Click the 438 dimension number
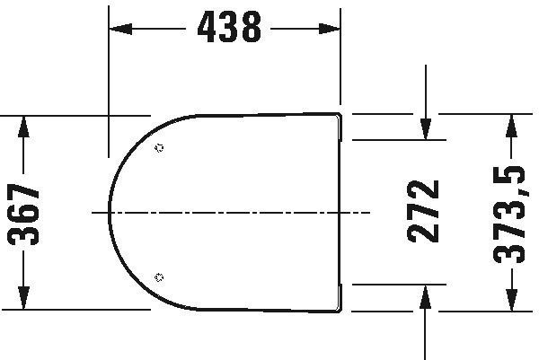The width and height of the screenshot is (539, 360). coord(229,27)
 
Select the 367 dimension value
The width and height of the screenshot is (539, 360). coord(23,215)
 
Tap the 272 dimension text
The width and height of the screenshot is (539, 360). coord(423,211)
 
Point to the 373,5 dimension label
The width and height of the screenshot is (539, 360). coord(509,215)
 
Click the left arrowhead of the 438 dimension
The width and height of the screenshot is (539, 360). coord(120,29)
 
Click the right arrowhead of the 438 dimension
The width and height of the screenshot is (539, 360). coord(330,29)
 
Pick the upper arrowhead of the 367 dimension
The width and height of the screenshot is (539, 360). coord(23,127)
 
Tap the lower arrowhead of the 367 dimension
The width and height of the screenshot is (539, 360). coord(23,298)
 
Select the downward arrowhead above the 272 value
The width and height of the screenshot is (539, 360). coord(426,128)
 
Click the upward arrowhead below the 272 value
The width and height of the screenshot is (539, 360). coord(426,296)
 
